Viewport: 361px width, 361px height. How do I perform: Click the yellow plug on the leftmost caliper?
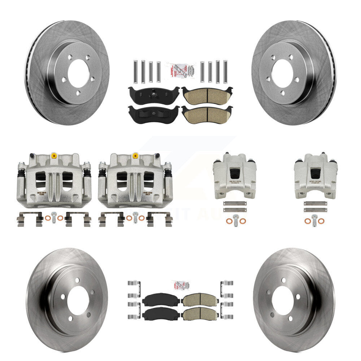pos(54,156)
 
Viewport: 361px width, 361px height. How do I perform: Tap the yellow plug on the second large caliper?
pos(135,156)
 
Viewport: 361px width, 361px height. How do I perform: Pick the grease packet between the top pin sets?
pos(179,70)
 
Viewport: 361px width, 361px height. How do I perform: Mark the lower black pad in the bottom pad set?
pos(161,314)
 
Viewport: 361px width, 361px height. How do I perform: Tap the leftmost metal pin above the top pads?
pos(134,71)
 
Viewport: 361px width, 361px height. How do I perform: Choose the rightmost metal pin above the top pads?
pos(225,71)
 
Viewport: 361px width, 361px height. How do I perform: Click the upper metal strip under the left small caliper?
pos(235,203)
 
